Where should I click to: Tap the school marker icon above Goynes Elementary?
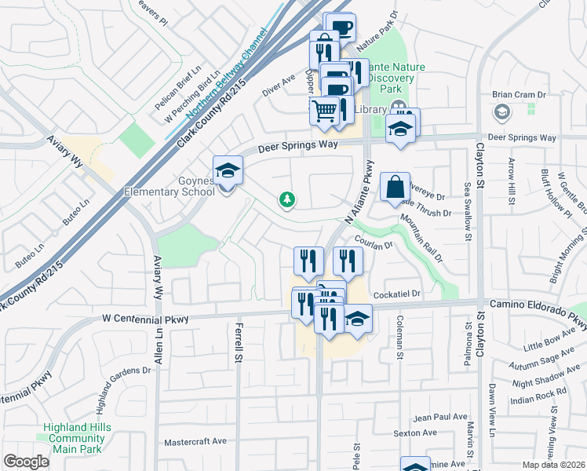(x=228, y=170)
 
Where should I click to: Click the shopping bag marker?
(x=395, y=187)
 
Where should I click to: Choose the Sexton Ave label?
(x=414, y=433)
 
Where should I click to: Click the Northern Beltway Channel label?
(x=221, y=82)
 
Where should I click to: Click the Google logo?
(x=26, y=462)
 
